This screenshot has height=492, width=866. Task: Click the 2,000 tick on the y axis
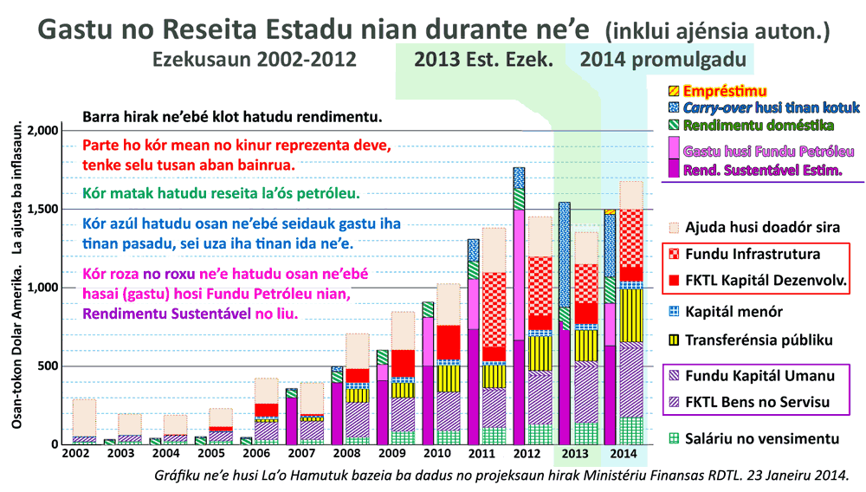tap(42, 131)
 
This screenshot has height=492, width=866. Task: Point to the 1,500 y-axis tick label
tap(42, 209)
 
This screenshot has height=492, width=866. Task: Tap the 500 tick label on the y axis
tap(48, 366)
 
